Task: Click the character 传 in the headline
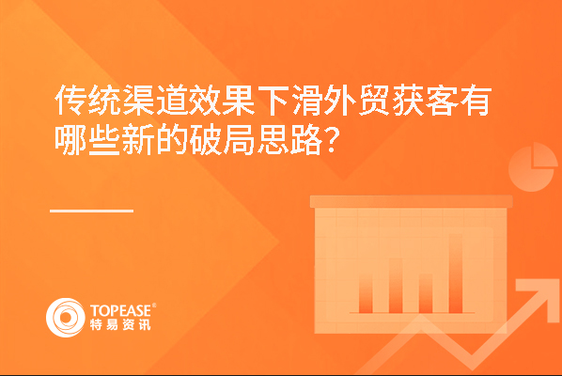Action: click(x=70, y=100)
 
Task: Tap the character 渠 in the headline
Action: click(x=138, y=100)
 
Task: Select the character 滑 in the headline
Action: click(x=306, y=100)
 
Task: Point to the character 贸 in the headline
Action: click(x=374, y=100)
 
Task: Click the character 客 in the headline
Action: click(x=442, y=100)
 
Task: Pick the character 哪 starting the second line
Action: click(x=70, y=139)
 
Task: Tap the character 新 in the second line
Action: click(x=138, y=139)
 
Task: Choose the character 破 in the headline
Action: click(x=206, y=139)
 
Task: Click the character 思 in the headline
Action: click(x=273, y=139)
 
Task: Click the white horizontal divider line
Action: click(x=92, y=211)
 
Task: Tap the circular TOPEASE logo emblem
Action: click(x=66, y=318)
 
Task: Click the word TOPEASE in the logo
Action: click(x=121, y=311)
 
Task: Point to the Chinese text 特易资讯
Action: click(x=120, y=324)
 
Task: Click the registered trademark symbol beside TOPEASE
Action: click(x=154, y=305)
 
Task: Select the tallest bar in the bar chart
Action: click(x=456, y=274)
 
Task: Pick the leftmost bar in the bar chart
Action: click(x=366, y=294)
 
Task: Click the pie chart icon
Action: click(x=533, y=167)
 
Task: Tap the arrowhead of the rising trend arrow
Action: click(x=538, y=294)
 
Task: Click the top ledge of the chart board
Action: click(x=411, y=201)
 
